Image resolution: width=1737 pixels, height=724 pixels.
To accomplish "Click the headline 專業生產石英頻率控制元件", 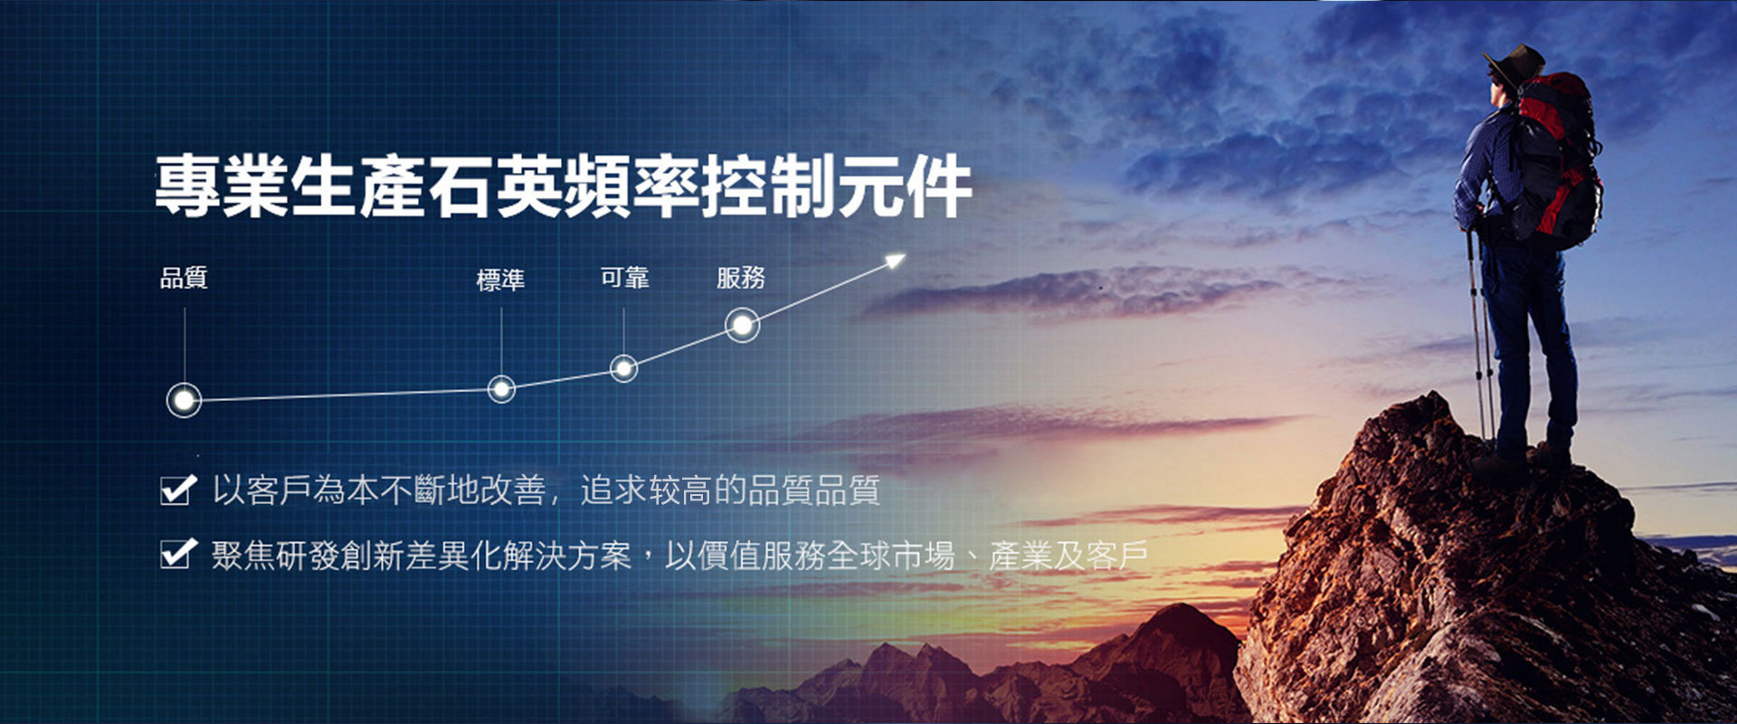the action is (564, 186).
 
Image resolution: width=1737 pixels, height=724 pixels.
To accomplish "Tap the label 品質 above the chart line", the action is (184, 277).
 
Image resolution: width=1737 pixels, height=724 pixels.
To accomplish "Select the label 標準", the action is (500, 280).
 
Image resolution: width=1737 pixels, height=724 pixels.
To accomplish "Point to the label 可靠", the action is (624, 277).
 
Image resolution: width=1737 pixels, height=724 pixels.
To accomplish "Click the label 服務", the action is (741, 277).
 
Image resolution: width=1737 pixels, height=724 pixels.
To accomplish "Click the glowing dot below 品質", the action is (184, 399).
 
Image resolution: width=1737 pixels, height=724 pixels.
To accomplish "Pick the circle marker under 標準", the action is (501, 389).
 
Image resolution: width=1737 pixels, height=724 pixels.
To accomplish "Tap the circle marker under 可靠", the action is (623, 368).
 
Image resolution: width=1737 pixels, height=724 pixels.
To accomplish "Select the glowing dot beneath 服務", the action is (742, 325).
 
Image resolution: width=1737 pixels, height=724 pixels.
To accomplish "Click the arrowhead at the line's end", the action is (896, 261).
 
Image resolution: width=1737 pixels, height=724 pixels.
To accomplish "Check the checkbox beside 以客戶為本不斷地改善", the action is (177, 489).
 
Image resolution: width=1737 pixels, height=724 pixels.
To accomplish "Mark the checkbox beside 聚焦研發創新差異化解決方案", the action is (177, 553).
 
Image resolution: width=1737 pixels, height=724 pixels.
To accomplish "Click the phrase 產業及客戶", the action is (1068, 554).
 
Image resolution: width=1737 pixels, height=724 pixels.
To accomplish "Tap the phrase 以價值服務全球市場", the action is (810, 554).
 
